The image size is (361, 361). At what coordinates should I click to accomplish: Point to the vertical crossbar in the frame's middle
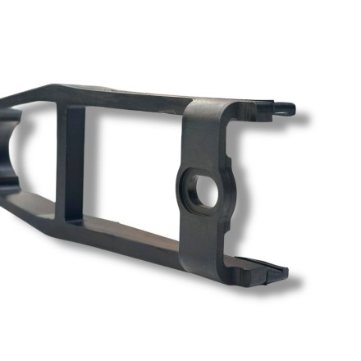[75, 163]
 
